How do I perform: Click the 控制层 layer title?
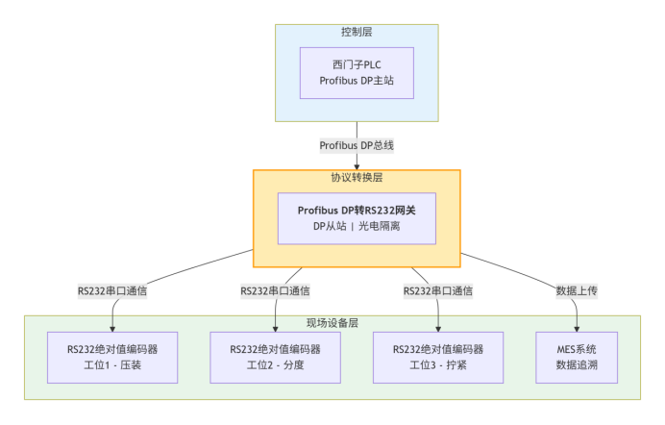(357, 33)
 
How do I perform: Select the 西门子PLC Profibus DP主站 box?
(357, 73)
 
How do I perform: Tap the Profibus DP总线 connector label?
(357, 145)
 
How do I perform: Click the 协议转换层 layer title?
(357, 178)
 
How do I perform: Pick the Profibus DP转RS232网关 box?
(357, 218)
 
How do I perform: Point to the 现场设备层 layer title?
(332, 323)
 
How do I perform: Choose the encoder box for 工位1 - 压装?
(112, 357)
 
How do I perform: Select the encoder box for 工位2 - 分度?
(276, 357)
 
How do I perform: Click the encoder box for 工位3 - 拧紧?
(438, 357)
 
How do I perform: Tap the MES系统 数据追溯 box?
(576, 357)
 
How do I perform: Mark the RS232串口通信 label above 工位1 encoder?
(112, 289)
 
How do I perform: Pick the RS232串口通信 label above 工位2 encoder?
(276, 289)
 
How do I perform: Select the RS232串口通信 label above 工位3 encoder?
(438, 289)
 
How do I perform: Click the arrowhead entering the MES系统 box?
(576, 328)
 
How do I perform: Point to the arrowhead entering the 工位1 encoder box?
(112, 328)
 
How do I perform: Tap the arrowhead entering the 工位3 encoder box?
(438, 328)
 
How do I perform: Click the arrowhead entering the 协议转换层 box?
(357, 166)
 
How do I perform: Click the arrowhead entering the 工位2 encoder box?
(276, 328)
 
